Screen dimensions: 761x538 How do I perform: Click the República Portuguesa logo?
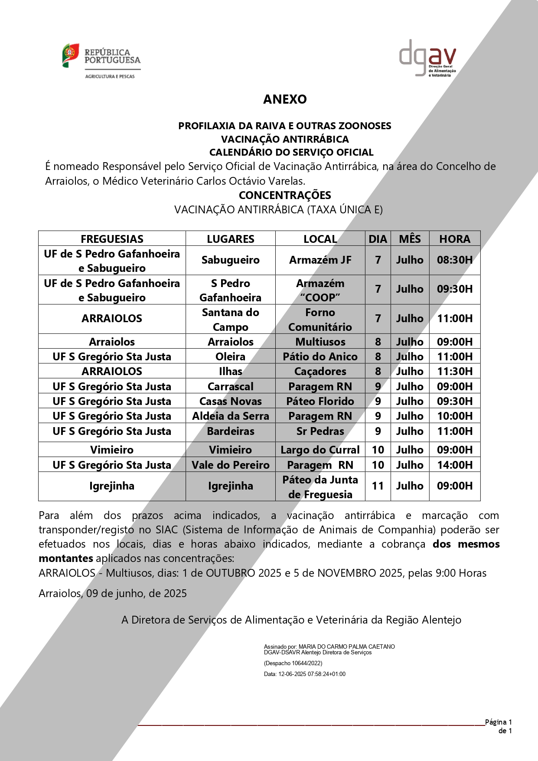point(101,61)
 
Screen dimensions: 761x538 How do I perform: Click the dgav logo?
point(427,58)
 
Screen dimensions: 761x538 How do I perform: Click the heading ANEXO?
point(285,99)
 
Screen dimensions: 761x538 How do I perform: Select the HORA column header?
point(454,239)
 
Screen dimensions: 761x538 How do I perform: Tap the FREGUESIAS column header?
point(112,239)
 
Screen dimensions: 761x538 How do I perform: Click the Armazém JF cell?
point(320,260)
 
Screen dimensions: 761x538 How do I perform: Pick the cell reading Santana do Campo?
point(230,319)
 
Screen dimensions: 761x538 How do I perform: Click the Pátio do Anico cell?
point(320,356)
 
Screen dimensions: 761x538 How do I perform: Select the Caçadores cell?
point(320,371)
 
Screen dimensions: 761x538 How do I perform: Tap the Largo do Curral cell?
point(320,450)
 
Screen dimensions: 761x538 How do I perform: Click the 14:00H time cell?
point(454,465)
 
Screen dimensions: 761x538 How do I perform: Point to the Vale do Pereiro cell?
point(230,465)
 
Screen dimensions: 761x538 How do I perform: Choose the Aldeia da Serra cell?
point(230,416)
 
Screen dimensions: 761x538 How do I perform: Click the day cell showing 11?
point(378,486)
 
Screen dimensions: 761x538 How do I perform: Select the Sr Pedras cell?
point(320,431)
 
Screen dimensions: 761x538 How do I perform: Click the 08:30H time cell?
point(454,260)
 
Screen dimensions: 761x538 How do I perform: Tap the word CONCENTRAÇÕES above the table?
point(285,195)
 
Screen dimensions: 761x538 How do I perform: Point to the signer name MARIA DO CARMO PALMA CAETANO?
point(346,647)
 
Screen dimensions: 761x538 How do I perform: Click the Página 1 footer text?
point(498,722)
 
